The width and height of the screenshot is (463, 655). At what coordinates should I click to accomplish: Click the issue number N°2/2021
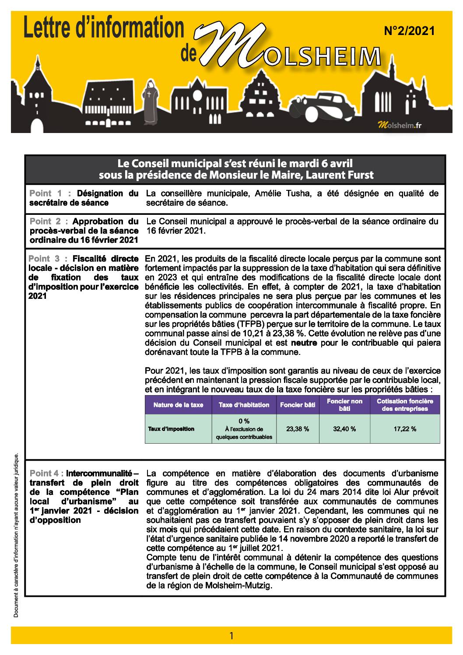pyautogui.click(x=409, y=31)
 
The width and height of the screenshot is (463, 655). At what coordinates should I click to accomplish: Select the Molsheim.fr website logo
pyautogui.click(x=400, y=126)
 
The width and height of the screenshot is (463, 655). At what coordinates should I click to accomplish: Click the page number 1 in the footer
pyautogui.click(x=231, y=636)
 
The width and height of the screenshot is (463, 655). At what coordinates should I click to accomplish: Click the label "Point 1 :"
pyautogui.click(x=51, y=193)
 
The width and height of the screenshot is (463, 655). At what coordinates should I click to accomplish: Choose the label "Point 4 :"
pyautogui.click(x=47, y=473)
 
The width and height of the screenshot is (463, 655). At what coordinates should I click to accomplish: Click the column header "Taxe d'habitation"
pyautogui.click(x=244, y=405)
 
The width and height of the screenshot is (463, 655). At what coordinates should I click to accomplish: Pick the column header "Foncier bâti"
pyautogui.click(x=298, y=405)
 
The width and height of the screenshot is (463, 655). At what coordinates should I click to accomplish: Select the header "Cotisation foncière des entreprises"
pyautogui.click(x=405, y=405)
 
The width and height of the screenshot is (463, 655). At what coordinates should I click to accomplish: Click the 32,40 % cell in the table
pyautogui.click(x=344, y=429)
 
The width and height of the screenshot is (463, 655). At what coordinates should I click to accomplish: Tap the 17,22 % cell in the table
pyautogui.click(x=405, y=429)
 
